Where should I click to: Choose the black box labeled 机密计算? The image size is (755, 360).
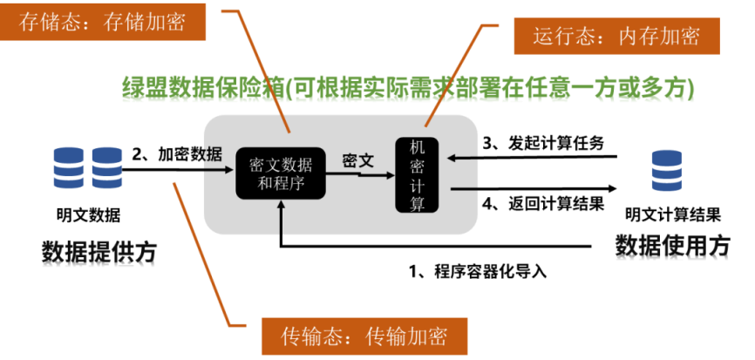tap(418, 174)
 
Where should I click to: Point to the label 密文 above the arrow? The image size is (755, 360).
tap(357, 161)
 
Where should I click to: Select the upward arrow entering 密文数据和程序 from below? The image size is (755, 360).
tap(281, 218)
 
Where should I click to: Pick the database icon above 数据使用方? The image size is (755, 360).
tap(667, 170)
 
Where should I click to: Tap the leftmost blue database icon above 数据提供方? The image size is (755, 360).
tap(69, 168)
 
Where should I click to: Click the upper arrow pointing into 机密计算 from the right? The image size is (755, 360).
tap(462, 158)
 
